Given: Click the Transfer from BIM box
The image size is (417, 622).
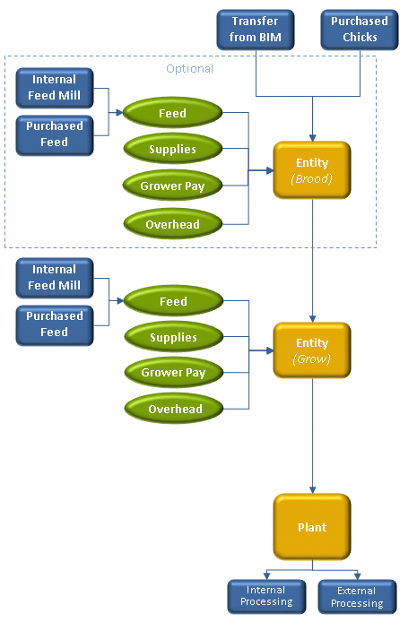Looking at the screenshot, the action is [x=256, y=30].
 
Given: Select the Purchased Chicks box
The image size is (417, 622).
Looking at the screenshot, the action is [x=360, y=30].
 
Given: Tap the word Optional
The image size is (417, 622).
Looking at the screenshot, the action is [x=189, y=69].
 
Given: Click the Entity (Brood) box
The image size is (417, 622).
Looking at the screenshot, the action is [x=312, y=170].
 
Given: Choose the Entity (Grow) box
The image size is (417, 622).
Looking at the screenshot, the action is [x=312, y=350].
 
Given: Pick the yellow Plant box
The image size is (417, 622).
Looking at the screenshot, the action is [x=312, y=527].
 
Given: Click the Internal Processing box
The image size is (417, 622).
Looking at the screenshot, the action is [x=266, y=596].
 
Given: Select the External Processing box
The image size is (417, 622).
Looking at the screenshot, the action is [x=357, y=596].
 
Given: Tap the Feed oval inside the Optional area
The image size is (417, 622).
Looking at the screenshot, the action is [x=172, y=113].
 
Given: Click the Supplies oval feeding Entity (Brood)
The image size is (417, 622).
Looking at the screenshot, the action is [x=172, y=149].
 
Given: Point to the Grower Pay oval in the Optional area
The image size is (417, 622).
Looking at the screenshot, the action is [x=172, y=186].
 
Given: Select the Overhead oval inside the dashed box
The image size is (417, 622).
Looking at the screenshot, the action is [x=172, y=224].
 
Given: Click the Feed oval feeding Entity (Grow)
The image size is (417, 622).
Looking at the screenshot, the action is [x=173, y=301].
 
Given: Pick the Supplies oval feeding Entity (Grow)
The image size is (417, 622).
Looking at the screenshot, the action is [x=173, y=337].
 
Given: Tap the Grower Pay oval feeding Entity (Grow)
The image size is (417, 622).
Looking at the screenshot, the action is [x=173, y=372].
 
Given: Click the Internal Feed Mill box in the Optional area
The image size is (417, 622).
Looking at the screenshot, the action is [x=55, y=88].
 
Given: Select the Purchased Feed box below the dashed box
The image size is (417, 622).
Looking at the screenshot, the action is [x=55, y=325].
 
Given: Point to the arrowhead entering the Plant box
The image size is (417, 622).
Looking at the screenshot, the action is [x=313, y=490].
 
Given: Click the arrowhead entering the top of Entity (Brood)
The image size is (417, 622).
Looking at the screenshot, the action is [x=313, y=138].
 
